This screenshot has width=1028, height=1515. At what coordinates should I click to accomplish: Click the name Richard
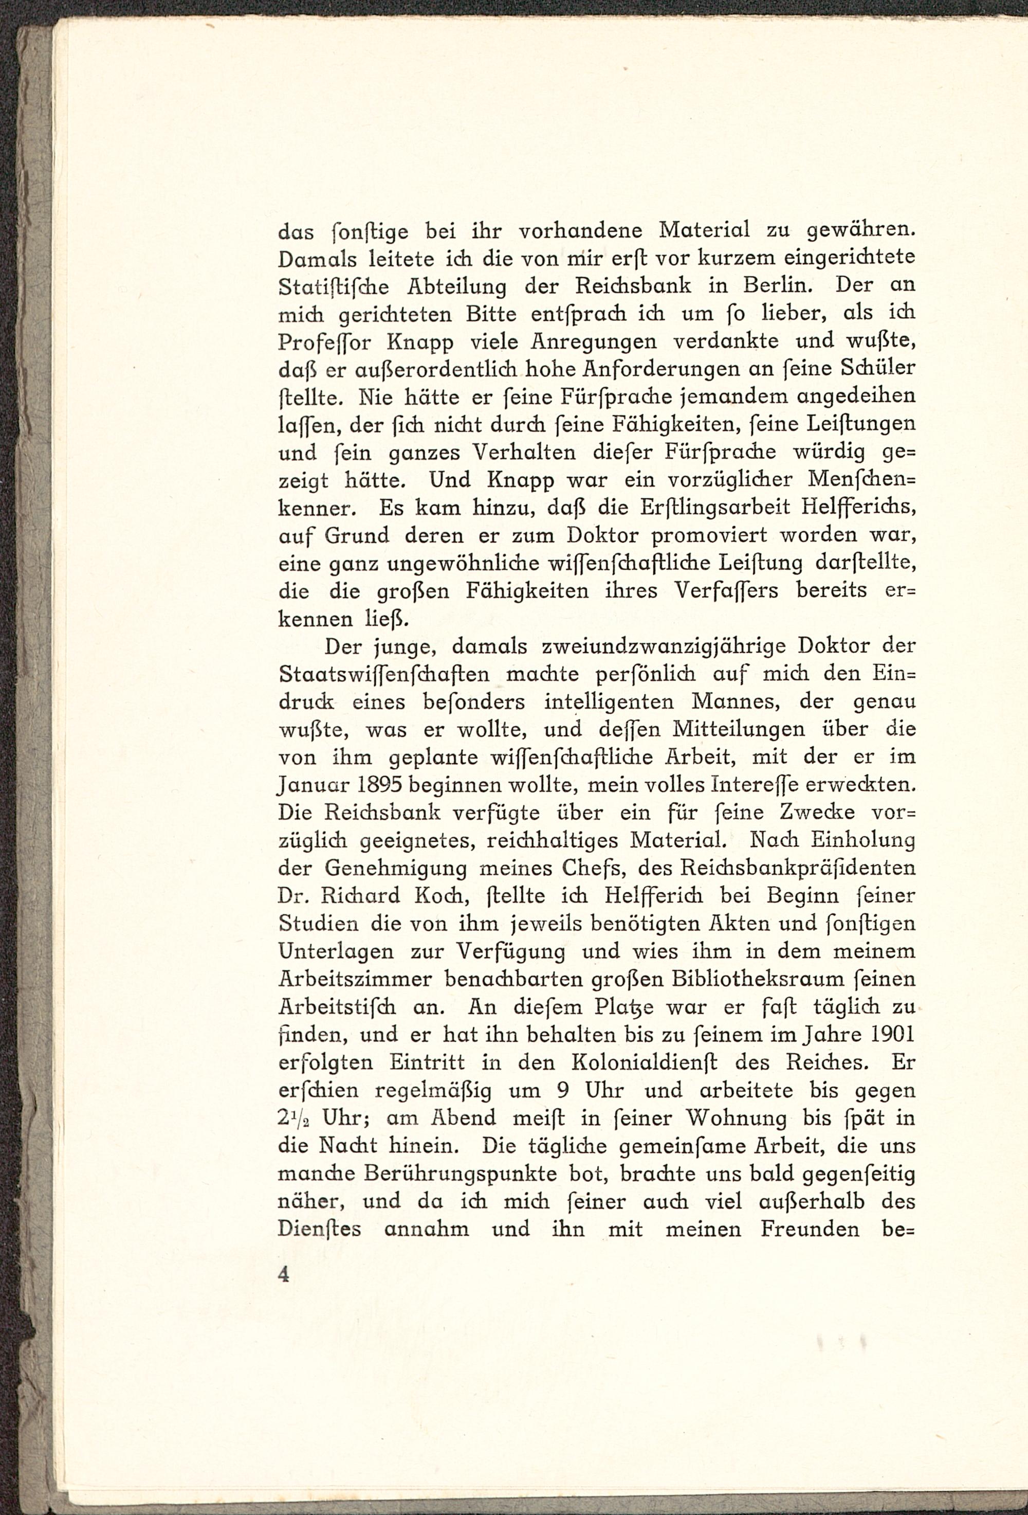tap(373, 896)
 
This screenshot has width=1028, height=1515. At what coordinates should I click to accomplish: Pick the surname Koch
tap(446, 896)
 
